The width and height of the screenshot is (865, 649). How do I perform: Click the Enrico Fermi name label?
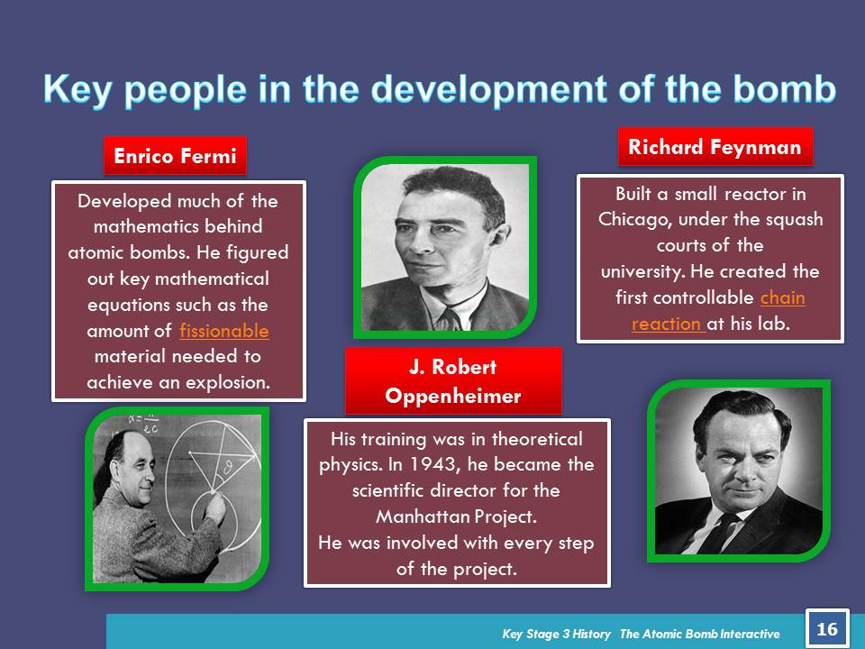175,156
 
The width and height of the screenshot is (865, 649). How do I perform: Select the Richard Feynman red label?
715,147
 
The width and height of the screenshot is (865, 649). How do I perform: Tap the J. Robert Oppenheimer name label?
453,380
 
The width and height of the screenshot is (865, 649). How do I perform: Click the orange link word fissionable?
224,330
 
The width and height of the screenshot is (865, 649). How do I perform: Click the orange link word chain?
782,297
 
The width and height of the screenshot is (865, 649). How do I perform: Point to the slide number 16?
827,628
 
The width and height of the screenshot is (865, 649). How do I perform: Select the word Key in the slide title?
77,90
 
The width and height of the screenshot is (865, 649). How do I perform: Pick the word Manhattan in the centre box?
423,516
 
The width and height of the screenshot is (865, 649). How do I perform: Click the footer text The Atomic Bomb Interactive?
699,634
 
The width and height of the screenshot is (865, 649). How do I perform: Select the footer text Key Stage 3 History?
556,634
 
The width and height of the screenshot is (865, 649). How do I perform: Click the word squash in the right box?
793,220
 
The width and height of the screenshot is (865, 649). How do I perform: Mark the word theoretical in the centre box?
537,439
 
